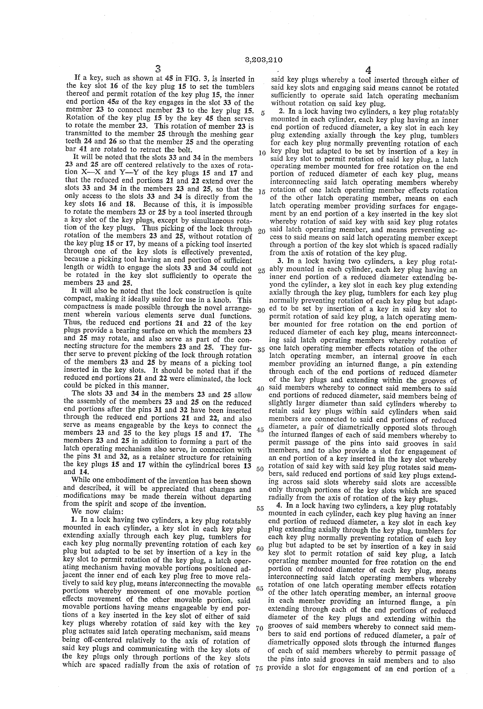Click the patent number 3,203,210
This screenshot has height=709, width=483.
pyautogui.click(x=263, y=60)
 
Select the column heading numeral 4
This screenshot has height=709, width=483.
pyautogui.click(x=368, y=71)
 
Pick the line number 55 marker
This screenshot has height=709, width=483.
pyautogui.click(x=260, y=509)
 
